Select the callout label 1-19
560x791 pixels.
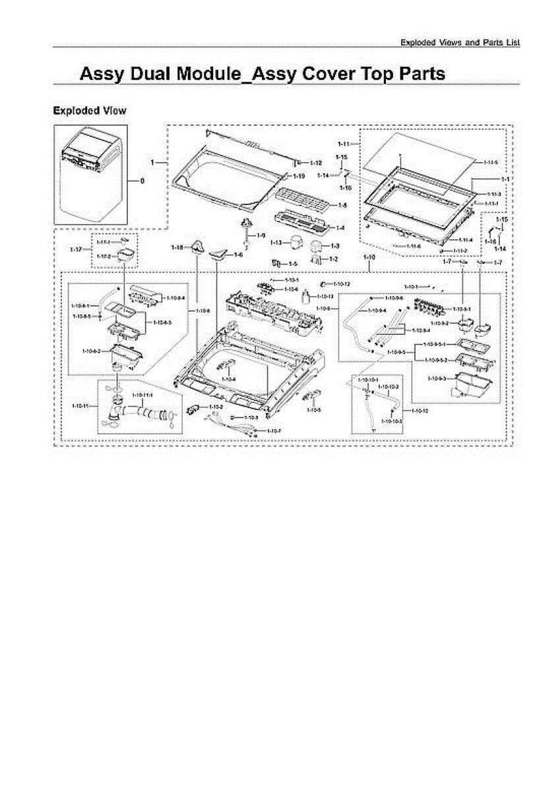click(299, 177)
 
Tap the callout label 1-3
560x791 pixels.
click(334, 246)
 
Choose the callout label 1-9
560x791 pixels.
click(261, 235)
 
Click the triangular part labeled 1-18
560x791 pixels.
click(197, 247)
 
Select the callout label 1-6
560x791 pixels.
click(239, 254)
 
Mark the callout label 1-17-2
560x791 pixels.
click(104, 256)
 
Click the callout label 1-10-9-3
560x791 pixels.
click(437, 378)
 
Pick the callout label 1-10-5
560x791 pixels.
click(314, 410)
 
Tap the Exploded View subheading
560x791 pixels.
click(90, 111)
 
